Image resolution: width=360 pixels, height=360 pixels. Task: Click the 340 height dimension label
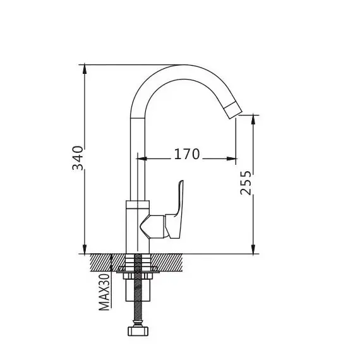(78, 158)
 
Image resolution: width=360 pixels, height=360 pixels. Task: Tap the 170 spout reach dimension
(187, 154)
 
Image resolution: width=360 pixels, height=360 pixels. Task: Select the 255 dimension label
(246, 183)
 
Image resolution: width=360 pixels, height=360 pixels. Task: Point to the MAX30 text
(104, 292)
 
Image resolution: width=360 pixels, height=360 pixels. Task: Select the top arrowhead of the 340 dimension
(85, 69)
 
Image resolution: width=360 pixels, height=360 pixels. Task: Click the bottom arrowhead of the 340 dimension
(85, 249)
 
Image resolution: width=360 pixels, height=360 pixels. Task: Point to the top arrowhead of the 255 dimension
(253, 119)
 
